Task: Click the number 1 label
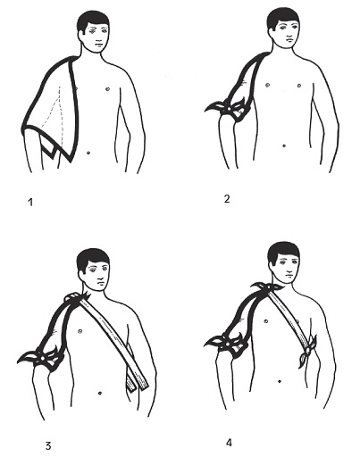pyautogui.click(x=30, y=203)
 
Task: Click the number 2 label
pyautogui.click(x=227, y=199)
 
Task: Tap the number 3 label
pyautogui.click(x=48, y=446)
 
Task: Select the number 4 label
pyautogui.click(x=229, y=443)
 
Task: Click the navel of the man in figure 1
pyautogui.click(x=88, y=153)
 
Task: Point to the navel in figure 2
pyautogui.click(x=284, y=145)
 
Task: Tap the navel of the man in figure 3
pyautogui.click(x=100, y=393)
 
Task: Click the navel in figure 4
pyautogui.click(x=280, y=381)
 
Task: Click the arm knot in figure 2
pyautogui.click(x=228, y=110)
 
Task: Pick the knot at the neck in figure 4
pyautogui.click(x=269, y=287)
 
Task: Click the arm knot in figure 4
pyautogui.click(x=228, y=345)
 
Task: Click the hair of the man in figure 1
pyautogui.click(x=92, y=21)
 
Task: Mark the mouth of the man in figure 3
pyautogui.click(x=101, y=285)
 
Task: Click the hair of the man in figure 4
pyautogui.click(x=283, y=252)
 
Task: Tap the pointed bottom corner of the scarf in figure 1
pyautogui.click(x=71, y=162)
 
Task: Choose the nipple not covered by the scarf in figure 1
pyautogui.click(x=107, y=88)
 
